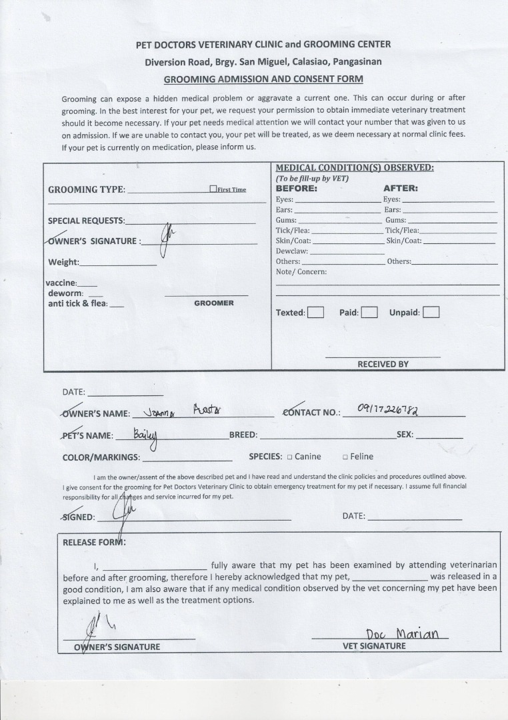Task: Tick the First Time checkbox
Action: point(213,189)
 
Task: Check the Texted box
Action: point(316,312)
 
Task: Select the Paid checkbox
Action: point(369,312)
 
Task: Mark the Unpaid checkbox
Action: point(431,312)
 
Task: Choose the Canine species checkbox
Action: point(290,457)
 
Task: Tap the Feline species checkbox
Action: point(345,457)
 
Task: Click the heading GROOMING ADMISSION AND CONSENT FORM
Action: point(263,79)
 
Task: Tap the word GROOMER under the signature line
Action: point(214,303)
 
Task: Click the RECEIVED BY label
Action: point(383,364)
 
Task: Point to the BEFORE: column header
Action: point(297,188)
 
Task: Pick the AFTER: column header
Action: point(400,188)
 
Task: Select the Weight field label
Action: point(63,262)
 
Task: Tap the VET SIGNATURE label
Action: point(373,646)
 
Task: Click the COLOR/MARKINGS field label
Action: point(101,457)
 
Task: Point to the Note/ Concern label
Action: point(301,272)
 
